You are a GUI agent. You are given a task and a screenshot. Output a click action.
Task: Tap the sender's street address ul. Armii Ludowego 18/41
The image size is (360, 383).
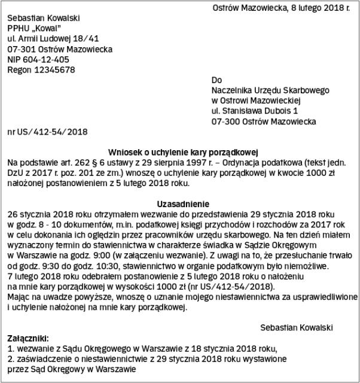point(53,39)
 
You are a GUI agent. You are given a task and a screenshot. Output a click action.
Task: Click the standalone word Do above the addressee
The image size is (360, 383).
point(216,80)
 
